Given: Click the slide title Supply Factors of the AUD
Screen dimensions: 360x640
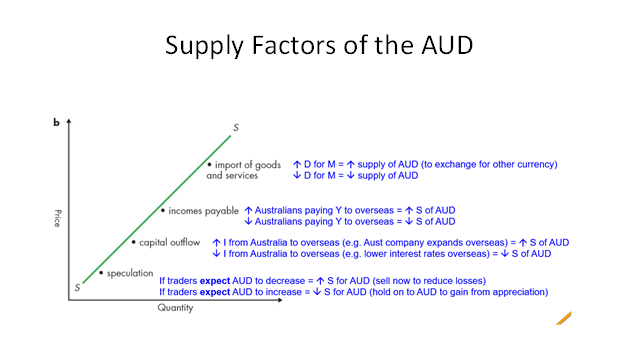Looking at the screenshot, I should click(x=320, y=47).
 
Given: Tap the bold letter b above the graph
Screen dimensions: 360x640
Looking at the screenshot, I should click(x=56, y=123).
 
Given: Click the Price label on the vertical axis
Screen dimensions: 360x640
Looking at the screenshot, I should click(x=58, y=216).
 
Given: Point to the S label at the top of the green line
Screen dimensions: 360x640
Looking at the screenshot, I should click(x=236, y=128).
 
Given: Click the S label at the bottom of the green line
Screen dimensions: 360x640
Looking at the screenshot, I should click(x=76, y=288).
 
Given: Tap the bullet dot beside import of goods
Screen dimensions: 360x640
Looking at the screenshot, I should click(x=210, y=163).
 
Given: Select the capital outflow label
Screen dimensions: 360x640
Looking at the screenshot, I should click(x=169, y=242).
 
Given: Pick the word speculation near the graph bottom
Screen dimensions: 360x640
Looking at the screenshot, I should click(x=130, y=272).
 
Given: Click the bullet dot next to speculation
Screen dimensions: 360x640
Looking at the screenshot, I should click(x=101, y=272).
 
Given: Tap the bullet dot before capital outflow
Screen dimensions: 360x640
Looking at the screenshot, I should click(x=133, y=242).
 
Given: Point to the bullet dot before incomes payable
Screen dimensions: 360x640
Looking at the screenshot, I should click(x=163, y=211).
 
